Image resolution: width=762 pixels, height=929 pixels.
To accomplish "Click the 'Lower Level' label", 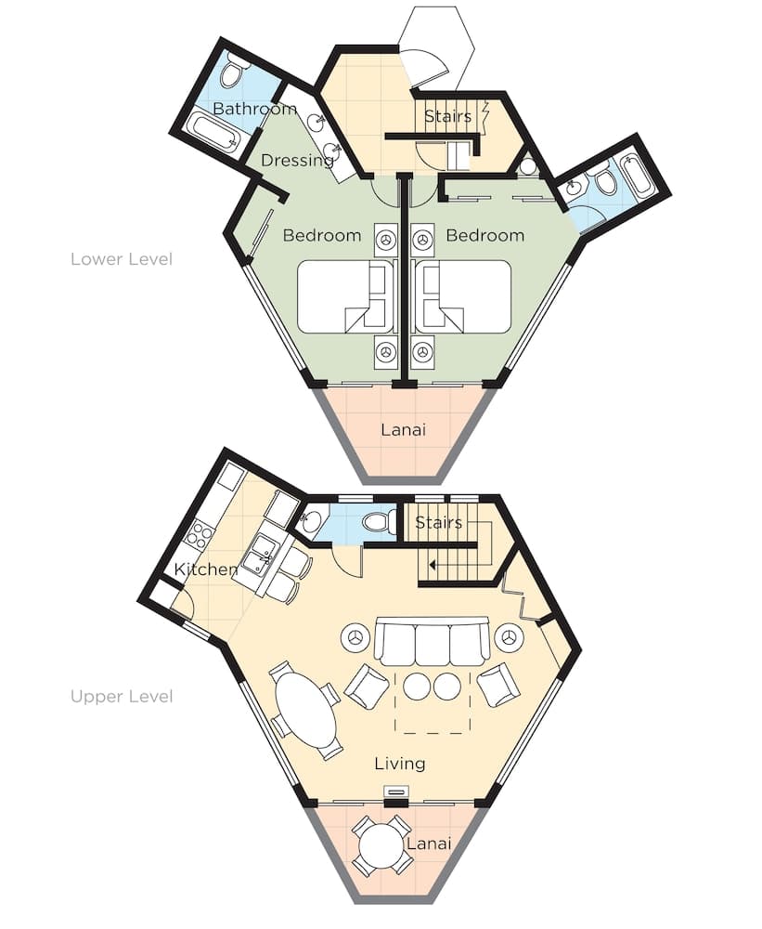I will pos(122,259).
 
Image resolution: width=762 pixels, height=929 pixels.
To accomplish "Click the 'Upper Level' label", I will pos(122,696).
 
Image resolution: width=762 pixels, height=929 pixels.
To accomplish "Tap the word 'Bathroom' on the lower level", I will pos(254,110).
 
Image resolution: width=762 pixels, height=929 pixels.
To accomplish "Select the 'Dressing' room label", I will pos(297,161).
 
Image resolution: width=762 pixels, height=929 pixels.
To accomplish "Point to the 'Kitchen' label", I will pos(205,569).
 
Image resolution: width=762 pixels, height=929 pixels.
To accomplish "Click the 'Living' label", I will pos(400,764).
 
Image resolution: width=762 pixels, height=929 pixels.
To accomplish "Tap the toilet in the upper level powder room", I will pos(379,522).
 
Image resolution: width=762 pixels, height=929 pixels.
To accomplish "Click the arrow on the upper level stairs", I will pos(433,563).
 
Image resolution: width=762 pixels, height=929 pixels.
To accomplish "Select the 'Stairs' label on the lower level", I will pos(448,117).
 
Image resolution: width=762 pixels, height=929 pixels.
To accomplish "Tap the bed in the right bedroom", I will pos(464,296).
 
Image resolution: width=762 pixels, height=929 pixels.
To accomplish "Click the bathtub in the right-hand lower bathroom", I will pos(639,177).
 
